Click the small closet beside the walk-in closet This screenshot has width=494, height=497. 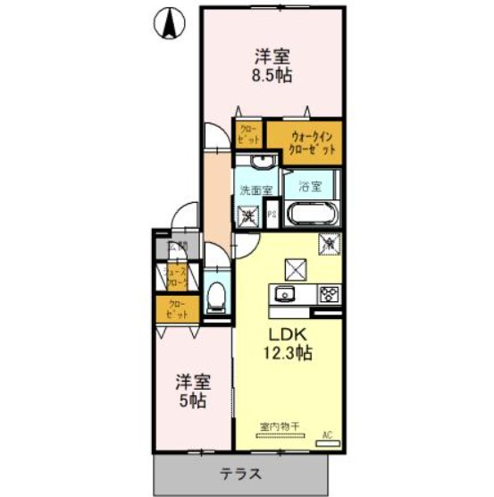[x=247, y=136]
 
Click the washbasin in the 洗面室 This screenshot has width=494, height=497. [x=260, y=163]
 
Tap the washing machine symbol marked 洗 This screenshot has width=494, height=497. [x=247, y=215]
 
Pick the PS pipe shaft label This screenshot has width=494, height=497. [x=272, y=215]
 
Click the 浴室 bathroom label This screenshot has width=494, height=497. [x=309, y=188]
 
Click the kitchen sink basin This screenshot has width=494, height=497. [x=287, y=294]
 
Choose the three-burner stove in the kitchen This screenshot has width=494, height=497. [x=328, y=294]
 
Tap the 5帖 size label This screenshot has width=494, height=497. [x=190, y=401]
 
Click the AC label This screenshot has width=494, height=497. [x=327, y=434]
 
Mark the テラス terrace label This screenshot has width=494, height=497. [x=242, y=473]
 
